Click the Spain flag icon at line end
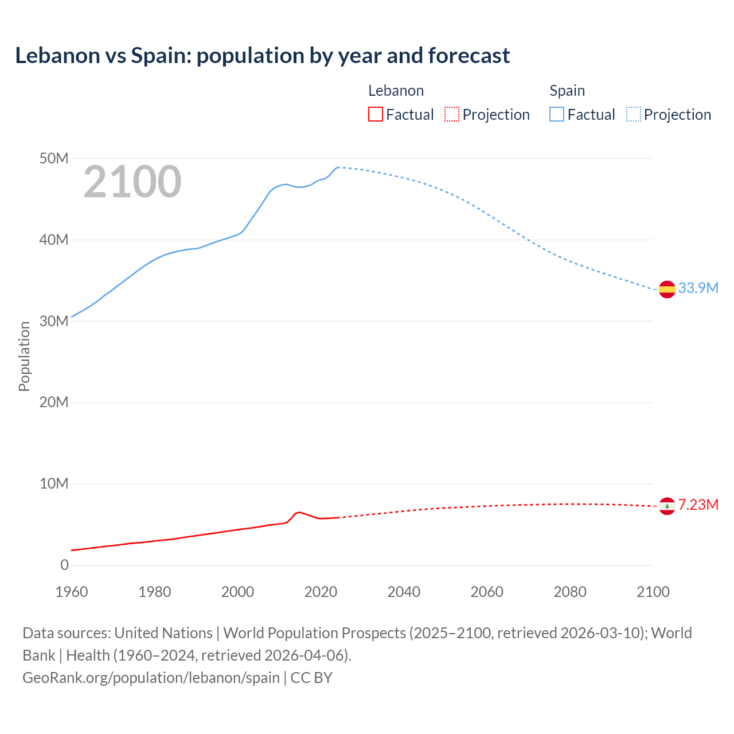[x=667, y=290]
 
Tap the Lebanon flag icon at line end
[x=667, y=506]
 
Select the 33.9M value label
[x=698, y=288]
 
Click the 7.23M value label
[x=698, y=505]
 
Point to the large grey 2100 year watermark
[x=132, y=182]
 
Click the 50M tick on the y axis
[x=54, y=158]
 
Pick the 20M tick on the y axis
[x=54, y=402]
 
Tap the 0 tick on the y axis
[x=64, y=565]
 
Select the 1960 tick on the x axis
[x=72, y=592]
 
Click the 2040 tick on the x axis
[x=404, y=592]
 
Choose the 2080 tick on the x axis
[x=570, y=592]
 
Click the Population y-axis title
[x=24, y=356]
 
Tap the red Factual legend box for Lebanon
[x=375, y=114]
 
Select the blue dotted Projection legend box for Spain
[x=633, y=114]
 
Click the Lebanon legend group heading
[x=396, y=91]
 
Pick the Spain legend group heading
[x=567, y=91]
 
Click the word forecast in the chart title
[x=468, y=56]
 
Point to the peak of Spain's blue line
[x=338, y=167]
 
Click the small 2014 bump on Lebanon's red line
[x=298, y=512]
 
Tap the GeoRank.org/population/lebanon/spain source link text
[x=151, y=677]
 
